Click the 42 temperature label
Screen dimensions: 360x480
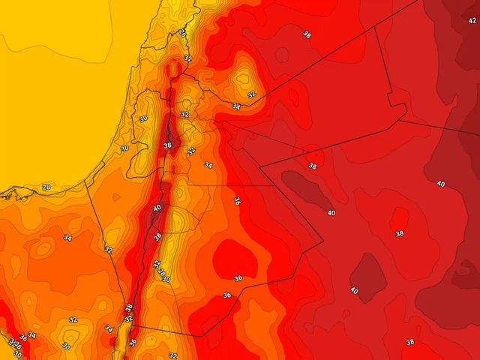click(472, 20)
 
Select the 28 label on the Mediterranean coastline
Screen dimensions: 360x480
click(46, 187)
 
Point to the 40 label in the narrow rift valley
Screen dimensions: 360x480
click(157, 208)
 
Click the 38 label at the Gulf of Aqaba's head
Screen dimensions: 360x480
click(128, 308)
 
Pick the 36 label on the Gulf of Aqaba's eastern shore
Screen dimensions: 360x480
click(133, 342)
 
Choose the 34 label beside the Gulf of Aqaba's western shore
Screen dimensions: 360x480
click(109, 328)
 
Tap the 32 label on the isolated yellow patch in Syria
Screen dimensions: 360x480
click(251, 94)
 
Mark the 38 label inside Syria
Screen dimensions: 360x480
click(307, 34)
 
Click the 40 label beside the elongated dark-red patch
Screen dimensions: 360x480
click(331, 213)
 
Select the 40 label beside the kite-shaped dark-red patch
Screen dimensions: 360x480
click(353, 290)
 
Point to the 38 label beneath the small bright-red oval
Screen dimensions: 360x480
click(400, 233)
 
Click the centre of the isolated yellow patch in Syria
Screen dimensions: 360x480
click(244, 77)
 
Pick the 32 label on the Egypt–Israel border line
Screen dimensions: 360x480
click(108, 250)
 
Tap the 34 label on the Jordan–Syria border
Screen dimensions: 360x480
click(235, 106)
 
